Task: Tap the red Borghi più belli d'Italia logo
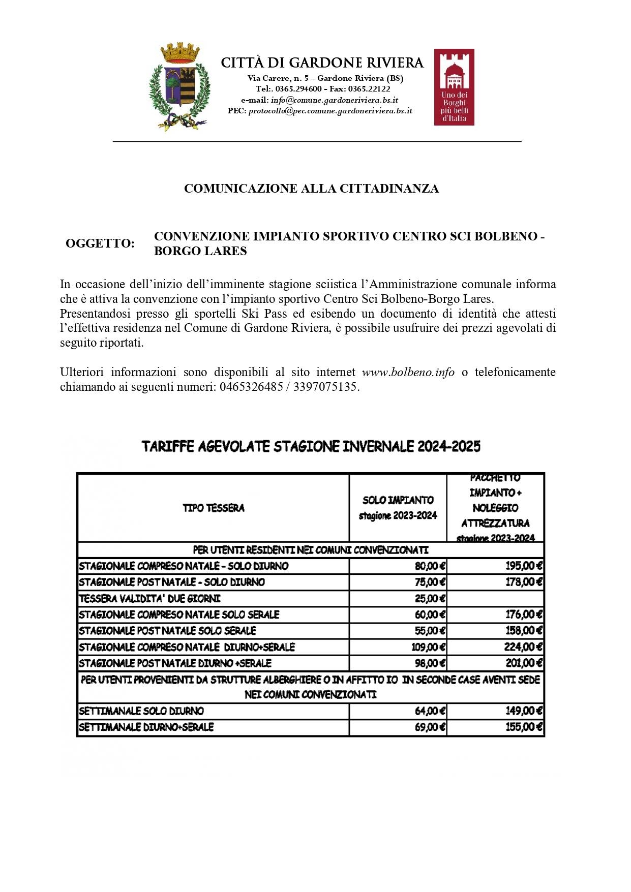click(x=454, y=87)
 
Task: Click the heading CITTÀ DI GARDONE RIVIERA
click(x=322, y=63)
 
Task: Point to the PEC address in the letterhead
click(x=330, y=111)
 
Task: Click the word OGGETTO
click(x=100, y=243)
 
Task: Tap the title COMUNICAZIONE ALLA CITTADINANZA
click(x=311, y=189)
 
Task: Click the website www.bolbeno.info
click(x=408, y=372)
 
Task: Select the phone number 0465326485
click(x=251, y=387)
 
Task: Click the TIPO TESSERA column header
click(x=214, y=508)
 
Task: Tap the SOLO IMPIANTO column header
click(x=398, y=508)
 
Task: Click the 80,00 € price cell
click(x=430, y=566)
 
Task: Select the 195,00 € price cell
click(x=524, y=566)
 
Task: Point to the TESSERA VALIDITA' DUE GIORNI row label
click(x=149, y=599)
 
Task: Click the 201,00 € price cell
click(x=524, y=663)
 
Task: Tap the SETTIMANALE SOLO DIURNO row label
click(x=141, y=711)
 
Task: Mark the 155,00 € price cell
click(x=524, y=727)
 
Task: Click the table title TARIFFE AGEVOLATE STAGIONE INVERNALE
click(x=311, y=447)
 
